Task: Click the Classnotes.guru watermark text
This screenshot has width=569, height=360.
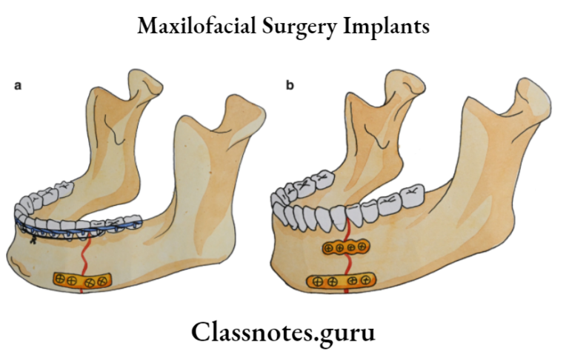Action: tap(283, 331)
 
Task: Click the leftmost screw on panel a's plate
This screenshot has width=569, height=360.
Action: tap(59, 279)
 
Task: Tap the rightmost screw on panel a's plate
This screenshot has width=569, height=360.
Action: tap(102, 281)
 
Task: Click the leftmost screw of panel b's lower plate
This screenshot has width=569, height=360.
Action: tap(317, 281)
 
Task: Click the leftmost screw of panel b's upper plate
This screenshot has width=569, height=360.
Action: tap(330, 247)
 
